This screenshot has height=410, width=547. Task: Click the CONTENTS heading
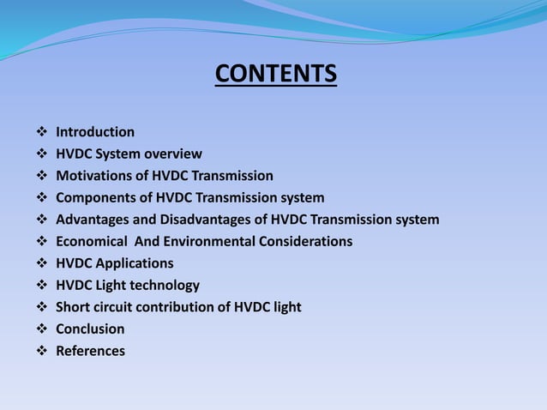275,75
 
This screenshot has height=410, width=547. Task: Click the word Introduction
95,132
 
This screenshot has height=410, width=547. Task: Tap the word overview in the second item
173,154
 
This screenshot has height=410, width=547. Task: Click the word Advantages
93,220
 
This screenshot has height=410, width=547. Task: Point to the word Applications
134,263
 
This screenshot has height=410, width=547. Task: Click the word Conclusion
90,329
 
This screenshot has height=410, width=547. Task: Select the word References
90,351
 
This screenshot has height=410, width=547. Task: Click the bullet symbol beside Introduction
42,132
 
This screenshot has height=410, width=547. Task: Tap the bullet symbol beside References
42,351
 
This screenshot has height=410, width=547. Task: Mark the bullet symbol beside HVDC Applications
42,263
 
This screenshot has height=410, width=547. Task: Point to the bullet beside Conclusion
42,329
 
